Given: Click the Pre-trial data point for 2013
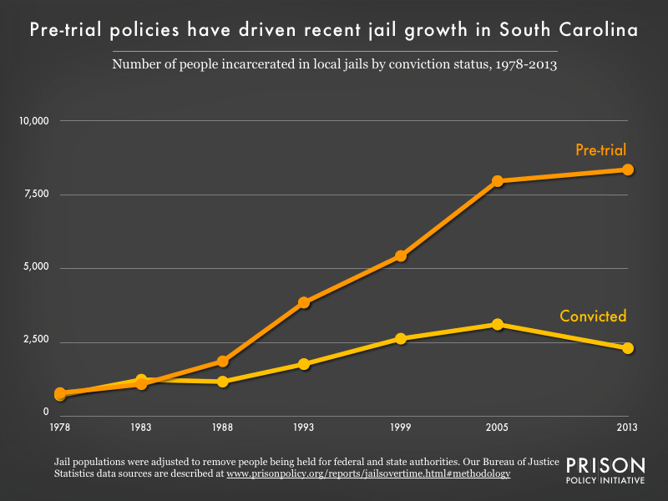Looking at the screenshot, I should [628, 170].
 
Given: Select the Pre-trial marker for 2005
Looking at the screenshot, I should [498, 180].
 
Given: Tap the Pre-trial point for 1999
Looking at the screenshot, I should [401, 256].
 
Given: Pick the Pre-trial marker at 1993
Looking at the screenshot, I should [304, 302].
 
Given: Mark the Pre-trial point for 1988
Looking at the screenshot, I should [223, 362].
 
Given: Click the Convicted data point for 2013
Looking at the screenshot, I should [628, 348].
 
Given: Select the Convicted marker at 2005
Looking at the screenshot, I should [498, 324].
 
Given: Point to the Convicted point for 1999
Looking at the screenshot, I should [401, 338].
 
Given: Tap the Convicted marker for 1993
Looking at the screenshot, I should [304, 364].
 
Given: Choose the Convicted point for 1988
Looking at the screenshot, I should [223, 382].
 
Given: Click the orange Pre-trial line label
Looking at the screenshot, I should [600, 150].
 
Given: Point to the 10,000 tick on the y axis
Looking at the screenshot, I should [34, 121].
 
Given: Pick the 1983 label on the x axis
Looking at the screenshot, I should [141, 428].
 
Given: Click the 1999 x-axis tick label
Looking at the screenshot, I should [401, 428].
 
